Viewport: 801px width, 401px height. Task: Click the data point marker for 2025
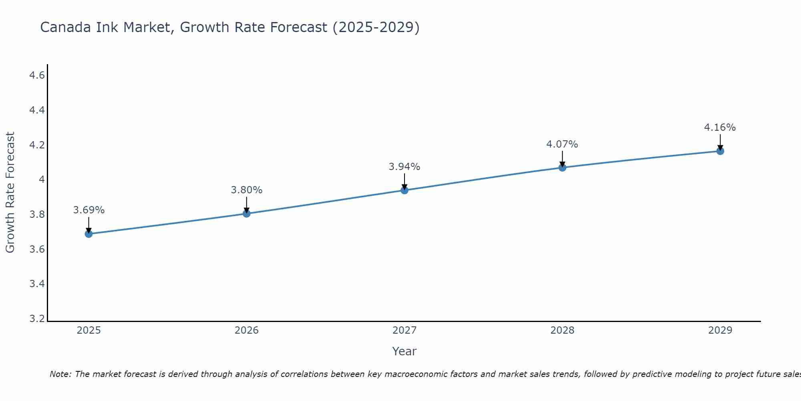pyautogui.click(x=89, y=234)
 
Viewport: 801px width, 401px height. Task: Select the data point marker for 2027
pyautogui.click(x=405, y=190)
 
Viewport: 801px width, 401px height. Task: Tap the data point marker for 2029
pyautogui.click(x=720, y=151)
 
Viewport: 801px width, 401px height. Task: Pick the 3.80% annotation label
pyautogui.click(x=246, y=190)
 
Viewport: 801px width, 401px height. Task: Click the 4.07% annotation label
pyautogui.click(x=562, y=144)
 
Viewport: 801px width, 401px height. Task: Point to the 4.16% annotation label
pyautogui.click(x=720, y=128)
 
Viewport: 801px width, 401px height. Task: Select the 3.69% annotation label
pyautogui.click(x=89, y=210)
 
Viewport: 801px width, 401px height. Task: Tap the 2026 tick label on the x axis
pyautogui.click(x=246, y=330)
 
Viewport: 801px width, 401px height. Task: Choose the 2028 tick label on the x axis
pyautogui.click(x=562, y=330)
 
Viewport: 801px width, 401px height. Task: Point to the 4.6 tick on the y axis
pyautogui.click(x=37, y=75)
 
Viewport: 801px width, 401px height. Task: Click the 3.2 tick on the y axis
pyautogui.click(x=37, y=319)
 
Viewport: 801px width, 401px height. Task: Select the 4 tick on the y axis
pyautogui.click(x=42, y=180)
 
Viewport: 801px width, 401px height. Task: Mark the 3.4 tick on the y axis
pyautogui.click(x=37, y=284)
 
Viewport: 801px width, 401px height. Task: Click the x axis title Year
pyautogui.click(x=404, y=351)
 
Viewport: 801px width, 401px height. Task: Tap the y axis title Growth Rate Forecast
pyautogui.click(x=10, y=192)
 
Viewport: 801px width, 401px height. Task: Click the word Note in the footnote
pyautogui.click(x=60, y=374)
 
